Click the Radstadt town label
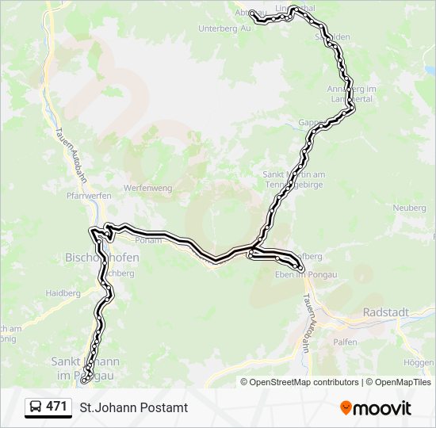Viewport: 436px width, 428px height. tap(385, 312)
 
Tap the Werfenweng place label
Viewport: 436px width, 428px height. tap(147, 188)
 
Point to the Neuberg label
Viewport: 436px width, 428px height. tap(409, 208)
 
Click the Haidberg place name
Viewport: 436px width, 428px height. tap(64, 292)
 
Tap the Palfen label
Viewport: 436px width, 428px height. tap(369, 342)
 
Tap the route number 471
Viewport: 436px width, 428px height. tap(56, 407)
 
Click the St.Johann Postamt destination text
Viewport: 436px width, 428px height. tap(133, 407)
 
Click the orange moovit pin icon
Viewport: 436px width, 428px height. tap(346, 407)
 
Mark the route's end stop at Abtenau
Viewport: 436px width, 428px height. tap(253, 13)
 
